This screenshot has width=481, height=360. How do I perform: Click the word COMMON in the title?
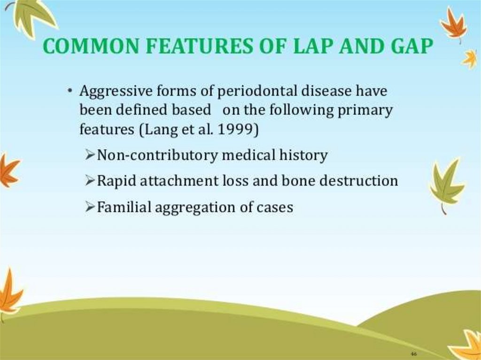pos(91,46)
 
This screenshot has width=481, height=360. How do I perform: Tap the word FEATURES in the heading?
pos(199,46)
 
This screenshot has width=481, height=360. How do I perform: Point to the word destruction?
pos(358,181)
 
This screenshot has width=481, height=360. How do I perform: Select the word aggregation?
pos(194,207)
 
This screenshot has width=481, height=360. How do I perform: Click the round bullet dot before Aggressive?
pos(70,91)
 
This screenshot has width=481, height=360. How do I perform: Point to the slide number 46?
pos(413,354)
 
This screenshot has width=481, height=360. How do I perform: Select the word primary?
pos(365,111)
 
